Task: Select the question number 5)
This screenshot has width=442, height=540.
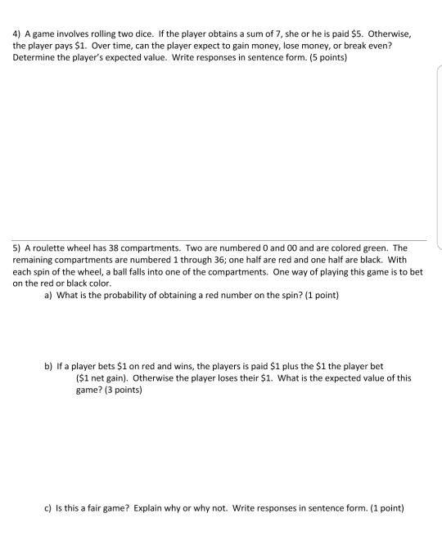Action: (17, 248)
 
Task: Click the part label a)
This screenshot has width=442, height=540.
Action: (48, 295)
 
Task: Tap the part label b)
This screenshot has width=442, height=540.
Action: (48, 366)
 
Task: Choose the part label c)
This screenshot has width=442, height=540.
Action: (48, 507)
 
